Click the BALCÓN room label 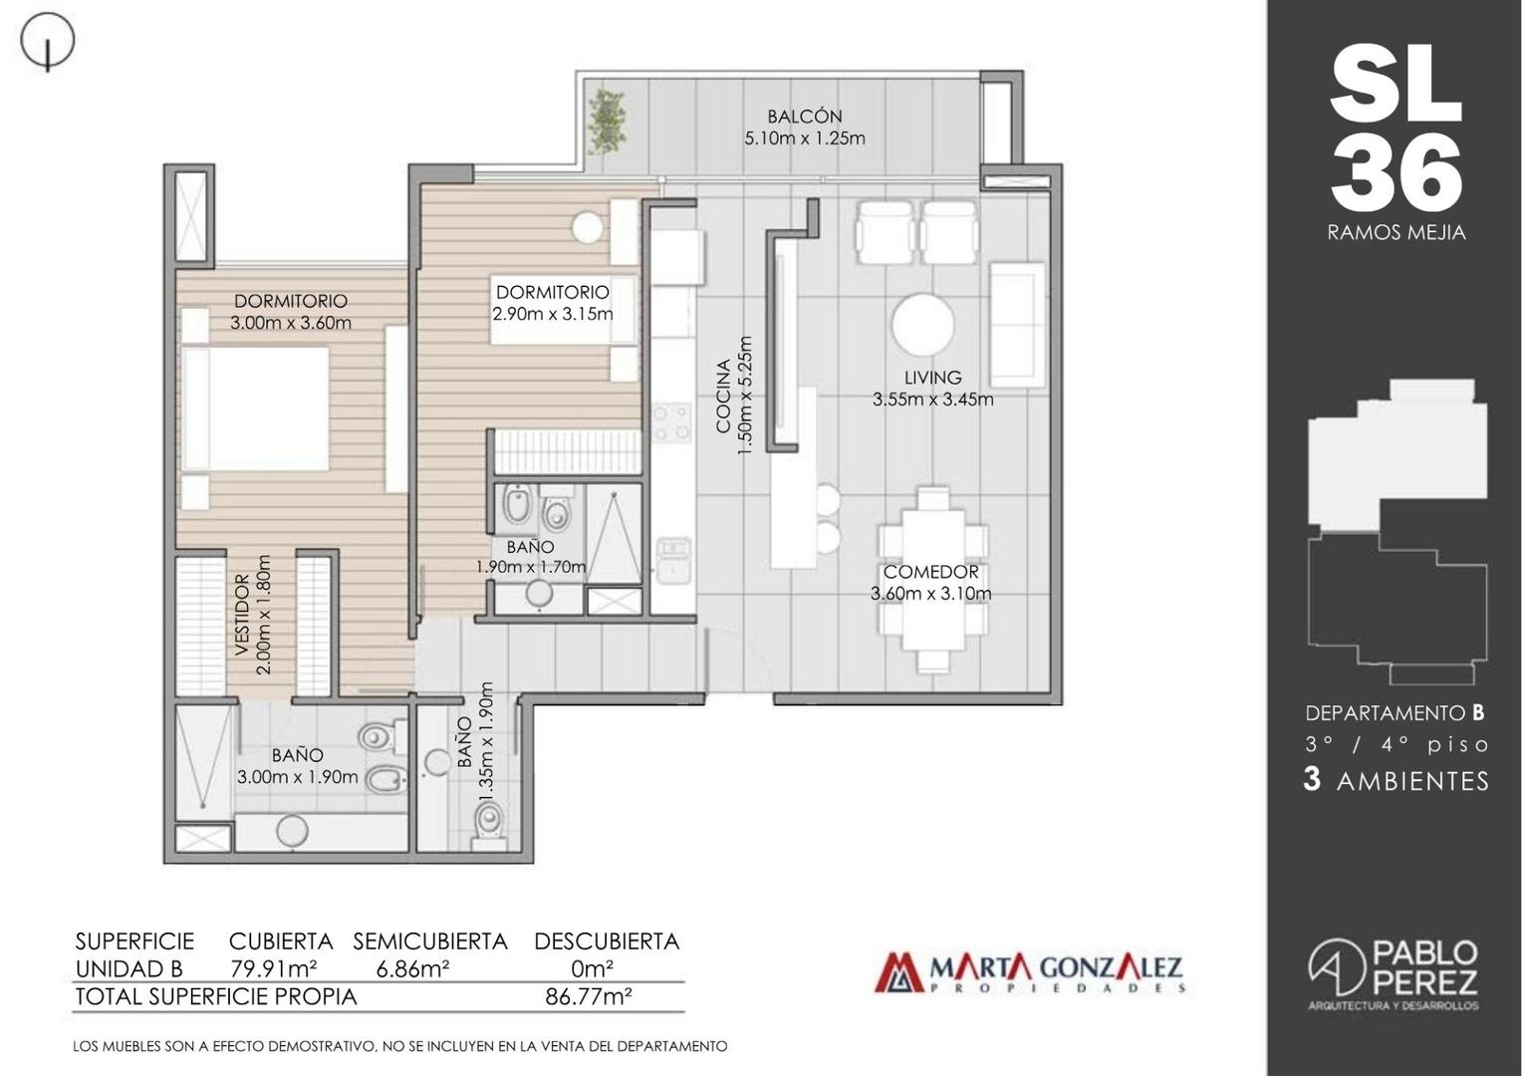pyautogui.click(x=805, y=117)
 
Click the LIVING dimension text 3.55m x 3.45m pyautogui.click(x=933, y=399)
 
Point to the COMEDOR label pyautogui.click(x=931, y=572)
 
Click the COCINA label pyautogui.click(x=723, y=396)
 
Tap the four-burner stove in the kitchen pyautogui.click(x=672, y=421)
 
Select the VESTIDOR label pyautogui.click(x=241, y=615)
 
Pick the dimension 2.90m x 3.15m pyautogui.click(x=553, y=314)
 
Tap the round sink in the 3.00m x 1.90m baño pyautogui.click(x=292, y=831)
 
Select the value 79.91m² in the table pyautogui.click(x=274, y=968)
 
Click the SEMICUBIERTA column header pyautogui.click(x=430, y=941)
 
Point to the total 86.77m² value pyautogui.click(x=589, y=996)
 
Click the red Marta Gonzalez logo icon pyautogui.click(x=898, y=973)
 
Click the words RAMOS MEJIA pyautogui.click(x=1396, y=232)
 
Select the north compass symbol pyautogui.click(x=47, y=42)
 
